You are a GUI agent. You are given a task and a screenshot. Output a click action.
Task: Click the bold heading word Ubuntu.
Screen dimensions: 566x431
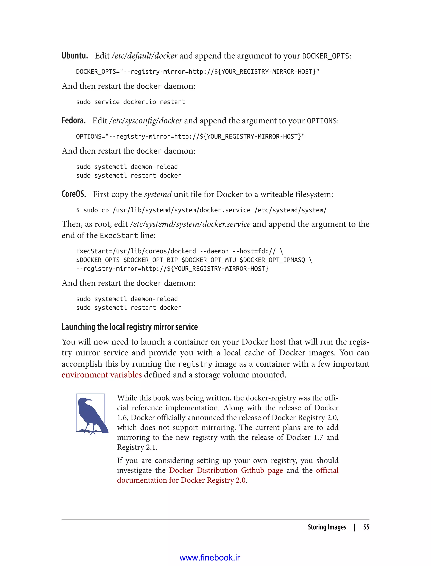pyautogui.click(x=75, y=55)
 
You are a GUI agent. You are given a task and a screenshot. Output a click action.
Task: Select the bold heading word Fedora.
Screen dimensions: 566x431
pyautogui.click(x=73, y=120)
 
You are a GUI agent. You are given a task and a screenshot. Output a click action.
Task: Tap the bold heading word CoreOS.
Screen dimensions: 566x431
pyautogui.click(x=74, y=194)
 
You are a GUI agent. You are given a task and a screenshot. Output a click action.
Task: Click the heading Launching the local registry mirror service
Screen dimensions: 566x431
pyautogui.click(x=130, y=327)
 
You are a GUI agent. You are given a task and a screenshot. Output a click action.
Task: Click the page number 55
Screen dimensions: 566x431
pyautogui.click(x=366, y=527)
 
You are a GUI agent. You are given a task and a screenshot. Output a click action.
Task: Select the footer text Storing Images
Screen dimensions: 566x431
pyautogui.click(x=327, y=527)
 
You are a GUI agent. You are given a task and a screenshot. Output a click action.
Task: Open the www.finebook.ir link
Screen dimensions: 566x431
pyautogui.click(x=210, y=558)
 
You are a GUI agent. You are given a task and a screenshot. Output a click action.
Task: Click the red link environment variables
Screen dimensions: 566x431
pyautogui.click(x=102, y=375)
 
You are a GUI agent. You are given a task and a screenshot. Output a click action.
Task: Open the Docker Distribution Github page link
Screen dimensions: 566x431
pyautogui.click(x=226, y=470)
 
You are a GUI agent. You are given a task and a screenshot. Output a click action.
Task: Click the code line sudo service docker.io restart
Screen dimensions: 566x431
pyautogui.click(x=130, y=102)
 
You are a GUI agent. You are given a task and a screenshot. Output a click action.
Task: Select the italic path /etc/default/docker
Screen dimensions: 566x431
pyautogui.click(x=144, y=56)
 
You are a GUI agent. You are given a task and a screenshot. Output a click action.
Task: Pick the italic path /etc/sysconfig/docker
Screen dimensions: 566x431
pyautogui.click(x=145, y=121)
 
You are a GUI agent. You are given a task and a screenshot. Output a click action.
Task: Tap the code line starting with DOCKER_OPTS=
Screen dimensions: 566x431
pyautogui.click(x=198, y=72)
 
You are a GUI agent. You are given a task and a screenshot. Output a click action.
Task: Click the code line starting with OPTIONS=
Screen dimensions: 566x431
pyautogui.click(x=190, y=137)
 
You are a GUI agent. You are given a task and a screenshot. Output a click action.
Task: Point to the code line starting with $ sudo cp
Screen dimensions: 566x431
pyautogui.click(x=201, y=210)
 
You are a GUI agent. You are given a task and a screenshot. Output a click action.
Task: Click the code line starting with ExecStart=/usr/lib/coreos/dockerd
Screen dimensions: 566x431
pyautogui.click(x=179, y=251)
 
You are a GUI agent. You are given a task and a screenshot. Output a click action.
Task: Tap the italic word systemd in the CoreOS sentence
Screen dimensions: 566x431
pyautogui.click(x=158, y=194)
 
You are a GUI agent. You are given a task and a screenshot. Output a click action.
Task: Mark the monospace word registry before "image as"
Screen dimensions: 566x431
pyautogui.click(x=195, y=364)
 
